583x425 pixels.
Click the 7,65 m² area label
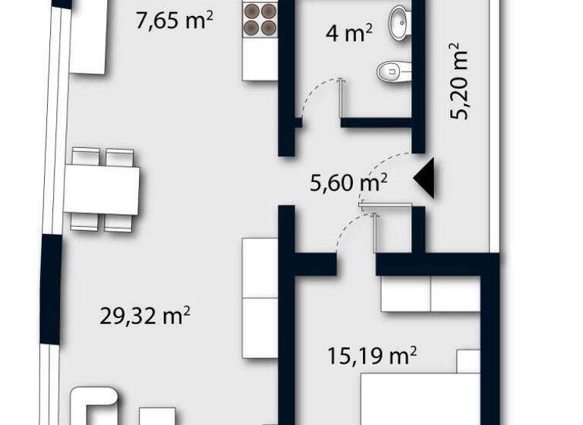click(x=173, y=20)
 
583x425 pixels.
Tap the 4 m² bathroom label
click(x=348, y=33)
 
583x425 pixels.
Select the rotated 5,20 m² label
click(x=459, y=82)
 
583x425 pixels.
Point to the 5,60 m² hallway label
click(x=350, y=182)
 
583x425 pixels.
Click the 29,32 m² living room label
click(x=145, y=314)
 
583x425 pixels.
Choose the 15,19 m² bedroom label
click(x=372, y=354)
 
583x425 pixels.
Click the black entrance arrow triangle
click(x=425, y=178)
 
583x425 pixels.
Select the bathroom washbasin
click(x=399, y=22)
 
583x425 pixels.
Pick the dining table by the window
click(x=102, y=190)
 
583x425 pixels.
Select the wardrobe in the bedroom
click(x=430, y=294)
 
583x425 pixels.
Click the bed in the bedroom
click(x=421, y=395)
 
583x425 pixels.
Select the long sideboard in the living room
click(x=260, y=297)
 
